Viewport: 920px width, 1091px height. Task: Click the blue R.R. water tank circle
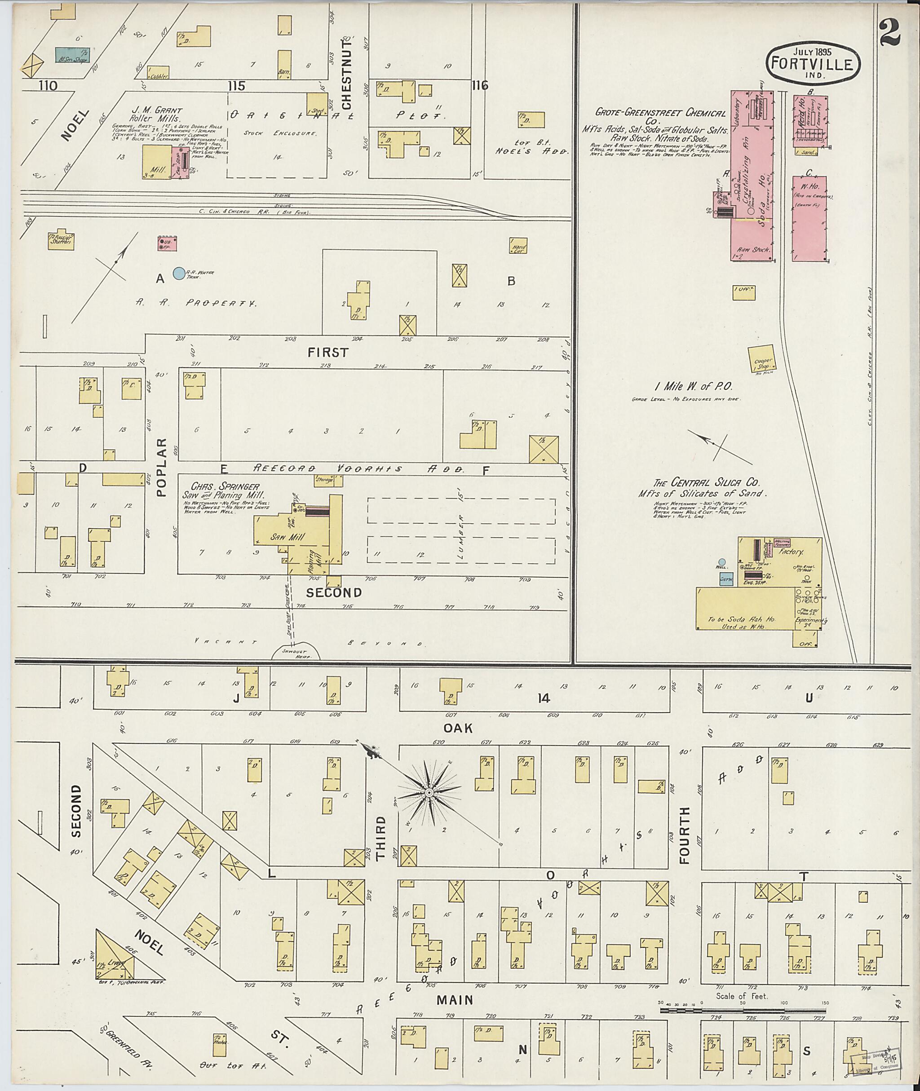(179, 272)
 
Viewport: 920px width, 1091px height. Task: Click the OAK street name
(458, 729)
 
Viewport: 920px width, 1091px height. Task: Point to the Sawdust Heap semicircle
(296, 653)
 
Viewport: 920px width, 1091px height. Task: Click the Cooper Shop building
(762, 360)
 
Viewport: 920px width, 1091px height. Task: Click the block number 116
(479, 85)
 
